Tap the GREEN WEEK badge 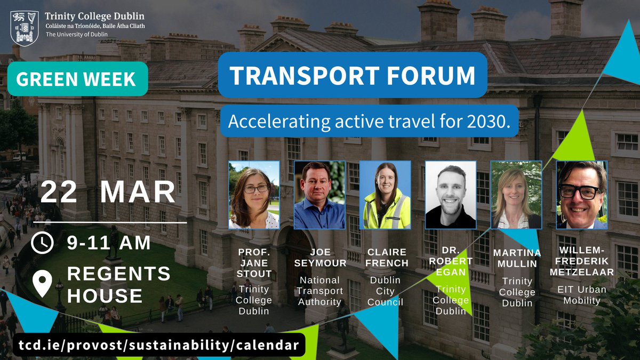tap(77, 79)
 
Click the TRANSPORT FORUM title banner tap(353, 75)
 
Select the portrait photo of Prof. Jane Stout tap(254, 195)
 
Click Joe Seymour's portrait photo tap(319, 195)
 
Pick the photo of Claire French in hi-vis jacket tap(385, 195)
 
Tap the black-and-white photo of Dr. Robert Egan tap(451, 195)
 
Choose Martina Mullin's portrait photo tap(516, 195)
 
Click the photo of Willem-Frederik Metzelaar tap(582, 195)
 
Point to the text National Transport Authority tap(319, 291)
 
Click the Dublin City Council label tap(385, 291)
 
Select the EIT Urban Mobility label tap(582, 295)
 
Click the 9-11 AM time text tap(109, 243)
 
